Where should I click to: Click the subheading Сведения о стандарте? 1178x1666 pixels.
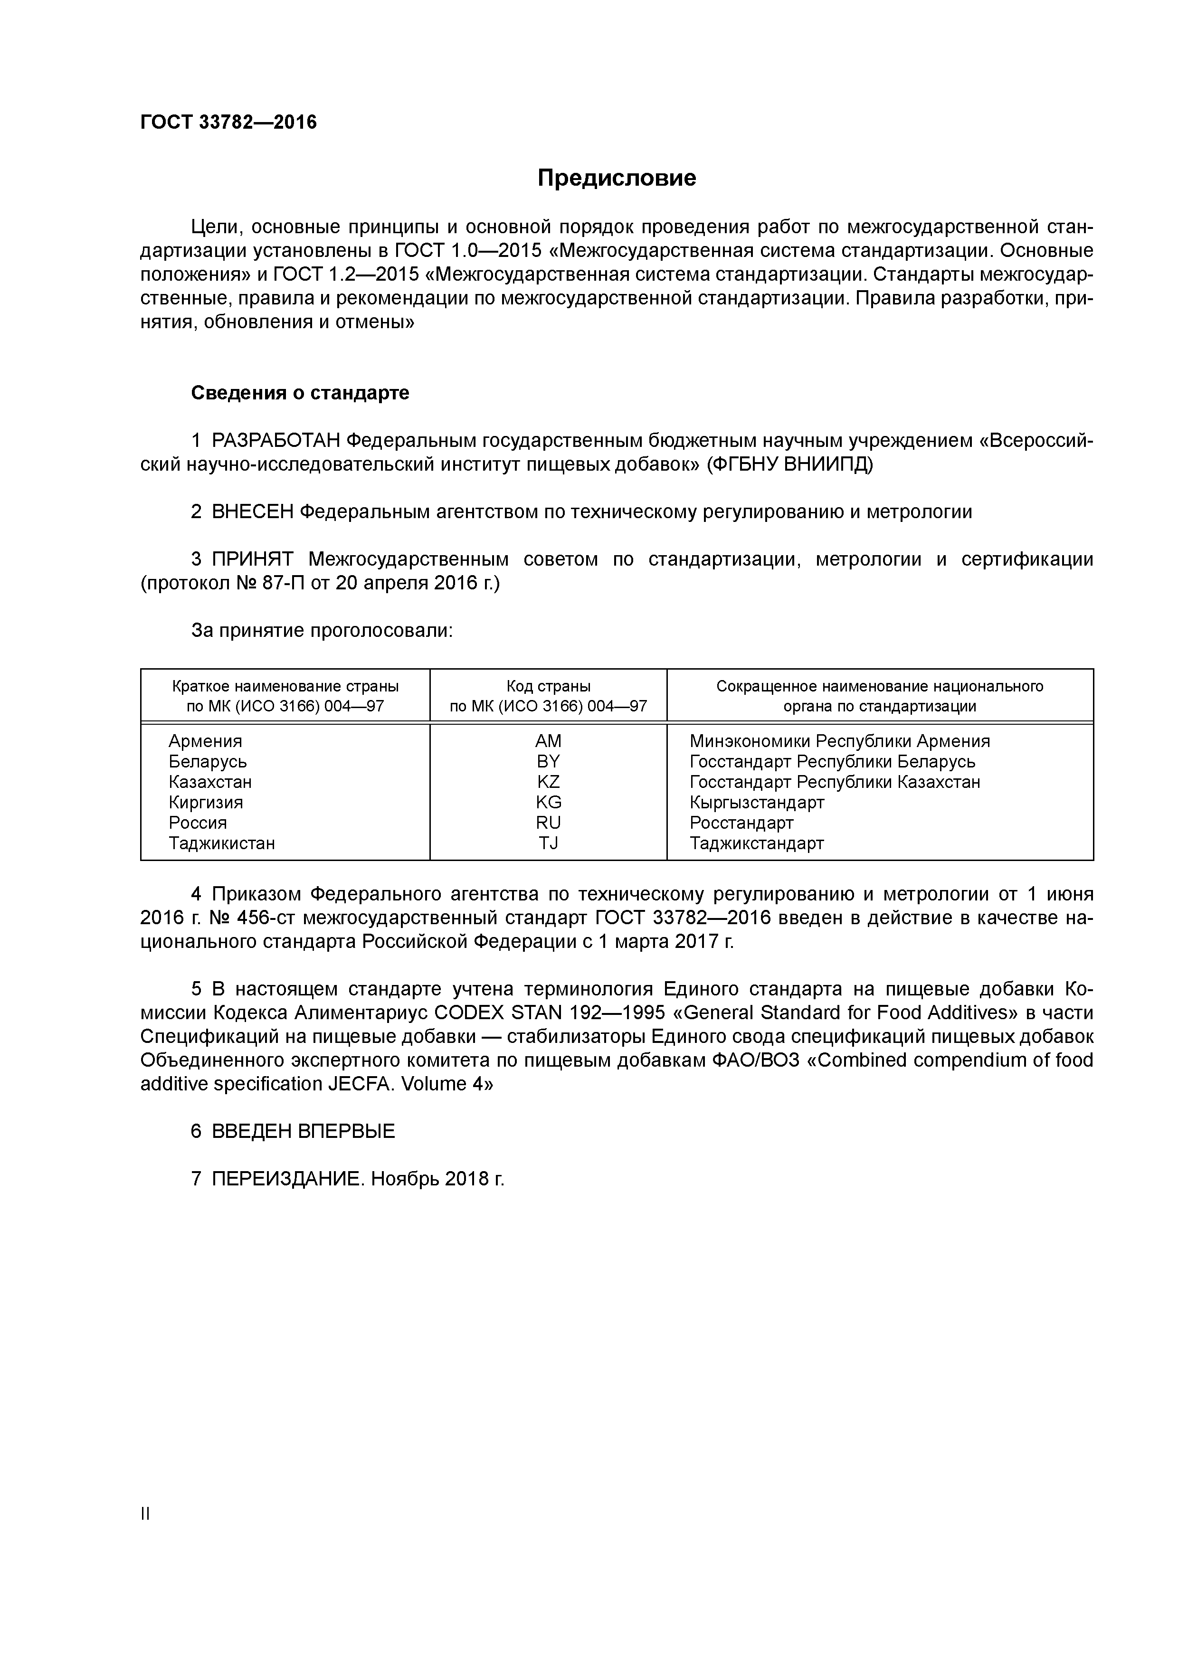pos(300,393)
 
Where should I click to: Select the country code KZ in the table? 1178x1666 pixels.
pos(548,782)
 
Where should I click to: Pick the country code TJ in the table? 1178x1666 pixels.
pos(548,843)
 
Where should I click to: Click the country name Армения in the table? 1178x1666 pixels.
pos(205,741)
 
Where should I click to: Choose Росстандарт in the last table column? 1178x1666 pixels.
pos(741,823)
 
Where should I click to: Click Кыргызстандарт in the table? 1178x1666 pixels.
pos(756,803)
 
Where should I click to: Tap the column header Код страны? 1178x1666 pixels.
pos(548,686)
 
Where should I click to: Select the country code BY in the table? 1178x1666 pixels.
pos(548,762)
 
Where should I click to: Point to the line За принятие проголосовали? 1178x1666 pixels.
pos(322,631)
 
